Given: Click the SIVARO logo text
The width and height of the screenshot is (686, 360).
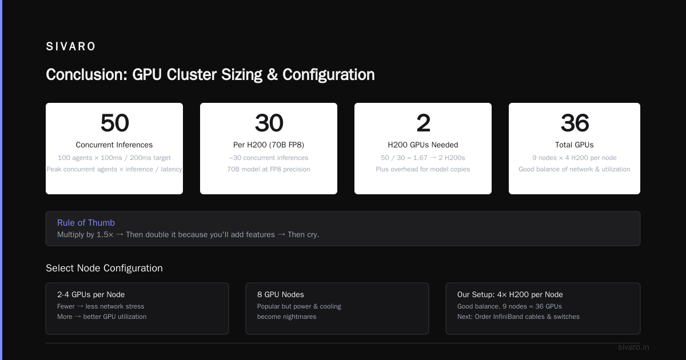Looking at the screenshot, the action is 70,46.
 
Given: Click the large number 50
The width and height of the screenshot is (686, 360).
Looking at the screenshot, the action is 114,123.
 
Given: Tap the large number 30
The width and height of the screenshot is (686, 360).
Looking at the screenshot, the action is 269,123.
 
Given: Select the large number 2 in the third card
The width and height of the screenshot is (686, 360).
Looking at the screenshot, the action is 423,123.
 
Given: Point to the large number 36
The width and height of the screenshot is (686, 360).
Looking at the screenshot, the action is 575,123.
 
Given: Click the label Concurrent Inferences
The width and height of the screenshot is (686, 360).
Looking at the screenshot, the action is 114,145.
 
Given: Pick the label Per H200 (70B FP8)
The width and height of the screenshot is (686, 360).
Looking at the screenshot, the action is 269,145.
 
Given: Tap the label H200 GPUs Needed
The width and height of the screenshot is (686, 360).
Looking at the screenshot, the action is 423,145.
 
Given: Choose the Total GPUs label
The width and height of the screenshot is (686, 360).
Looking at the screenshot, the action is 574,145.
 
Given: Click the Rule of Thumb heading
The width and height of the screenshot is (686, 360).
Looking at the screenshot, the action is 86,222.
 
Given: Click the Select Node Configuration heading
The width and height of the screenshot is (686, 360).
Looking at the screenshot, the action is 104,268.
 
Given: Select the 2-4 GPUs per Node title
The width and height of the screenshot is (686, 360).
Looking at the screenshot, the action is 91,294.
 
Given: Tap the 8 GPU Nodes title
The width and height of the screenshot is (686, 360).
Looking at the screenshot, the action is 281,294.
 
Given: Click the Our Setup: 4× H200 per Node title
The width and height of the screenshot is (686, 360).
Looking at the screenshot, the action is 510,294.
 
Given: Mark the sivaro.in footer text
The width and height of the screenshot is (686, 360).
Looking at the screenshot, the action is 633,347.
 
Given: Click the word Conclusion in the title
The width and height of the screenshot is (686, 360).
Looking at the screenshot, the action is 87,75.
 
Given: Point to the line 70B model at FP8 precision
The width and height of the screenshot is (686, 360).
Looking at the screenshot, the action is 269,169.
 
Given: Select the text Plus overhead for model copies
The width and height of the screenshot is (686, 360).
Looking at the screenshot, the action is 423,169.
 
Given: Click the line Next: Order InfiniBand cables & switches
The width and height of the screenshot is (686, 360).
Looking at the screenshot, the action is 518,317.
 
